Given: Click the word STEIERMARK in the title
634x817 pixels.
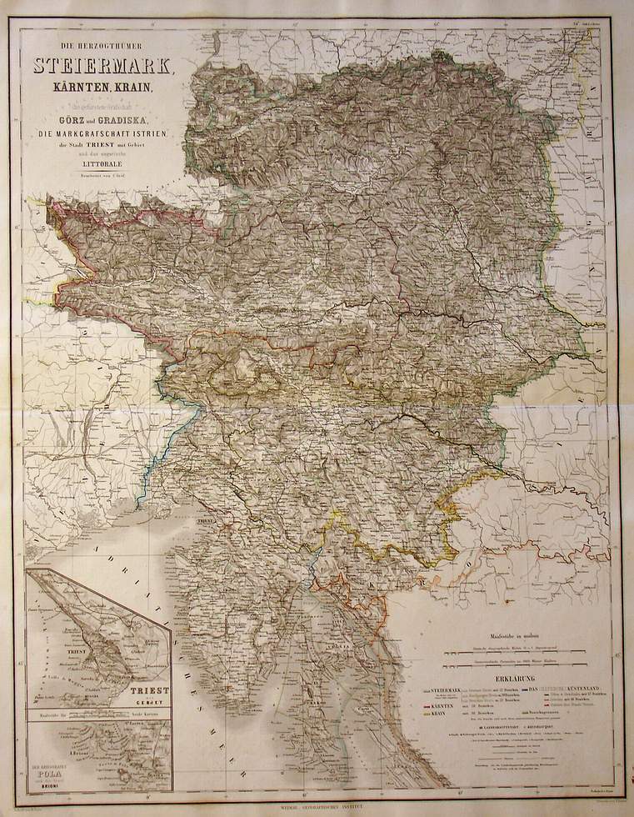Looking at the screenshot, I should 102,64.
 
